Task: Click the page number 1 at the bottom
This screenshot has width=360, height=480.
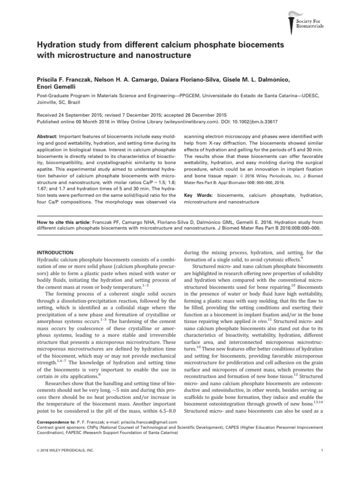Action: [318, 451]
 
